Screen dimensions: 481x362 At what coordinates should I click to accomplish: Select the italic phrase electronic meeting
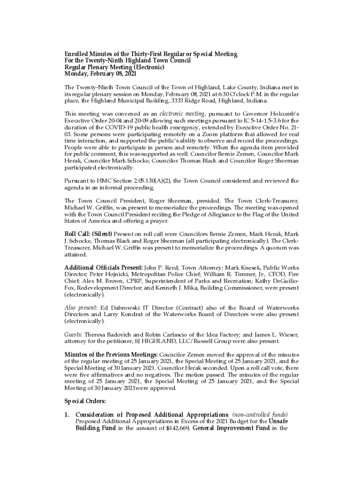(182, 114)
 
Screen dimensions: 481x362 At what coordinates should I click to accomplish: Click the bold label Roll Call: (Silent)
(88, 234)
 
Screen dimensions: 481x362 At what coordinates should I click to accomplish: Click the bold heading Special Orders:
(85, 401)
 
